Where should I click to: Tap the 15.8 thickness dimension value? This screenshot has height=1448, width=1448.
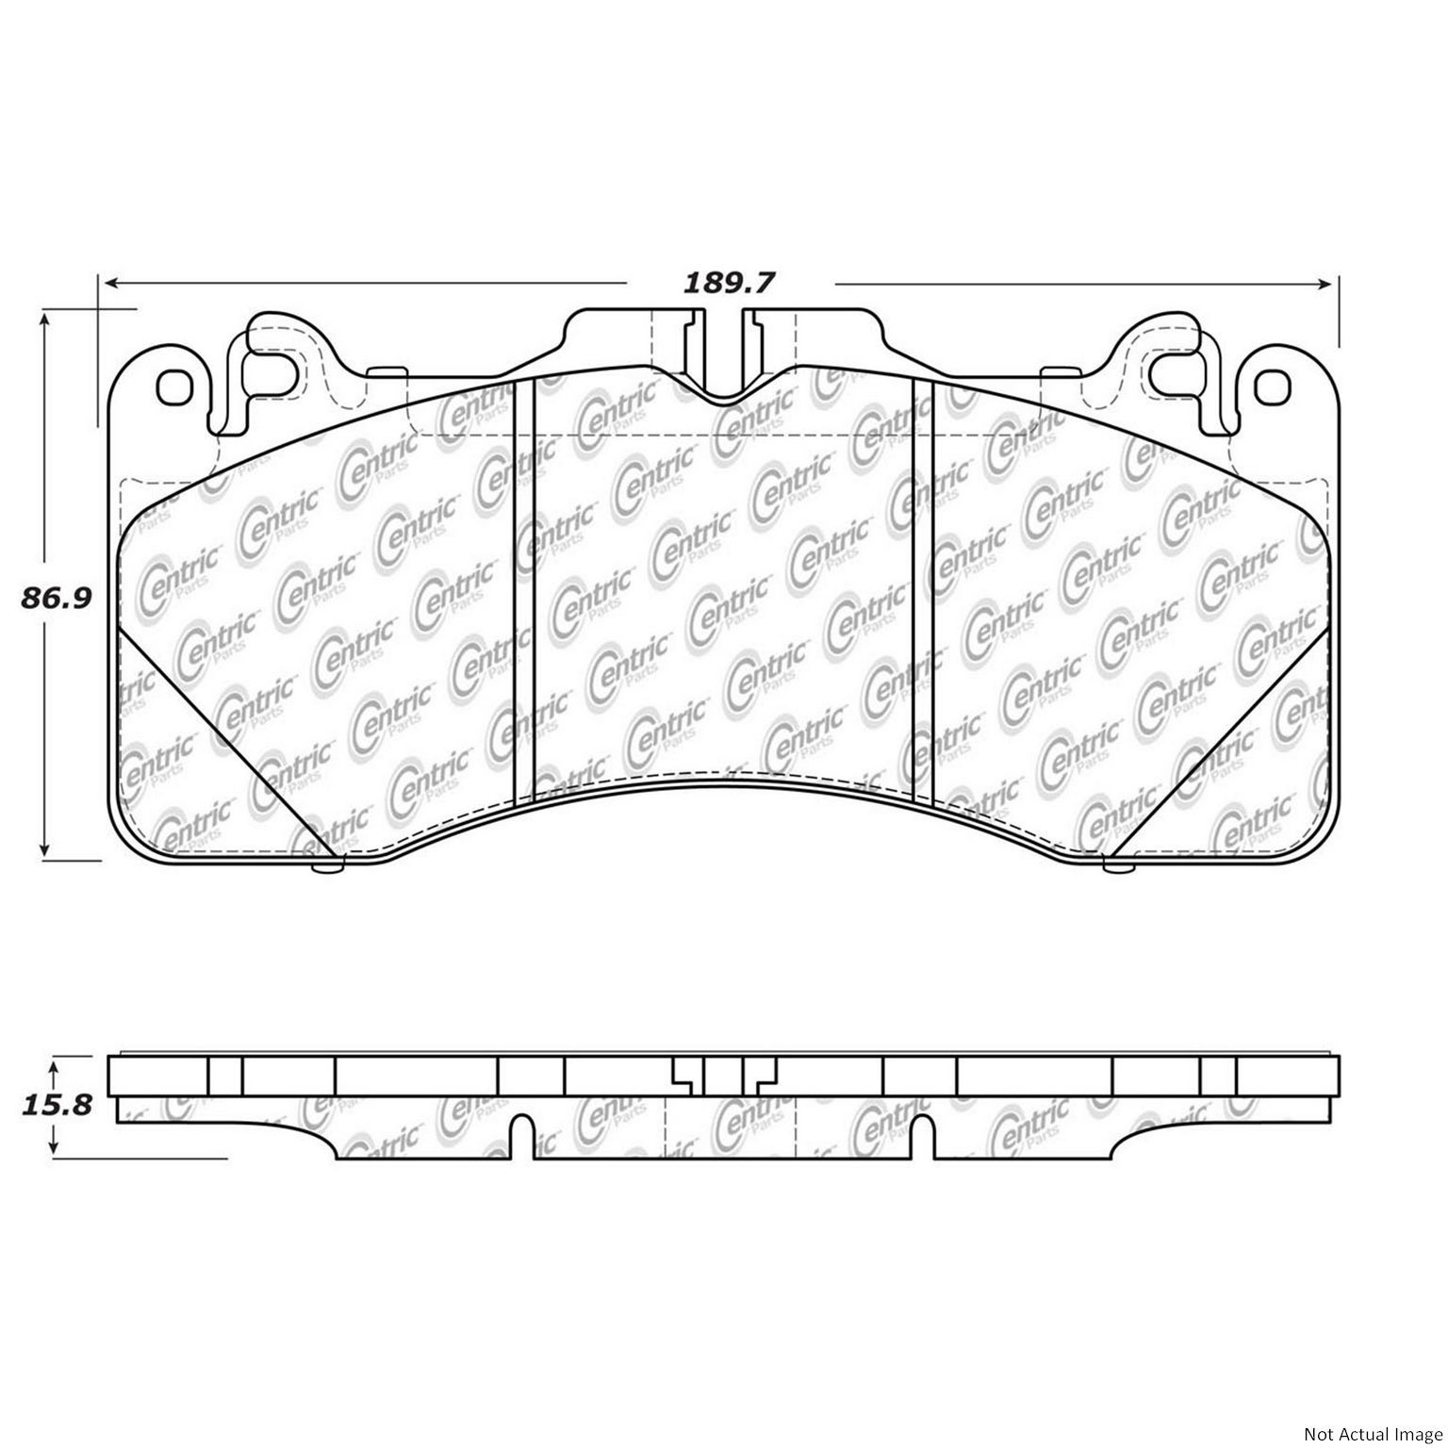click(54, 1104)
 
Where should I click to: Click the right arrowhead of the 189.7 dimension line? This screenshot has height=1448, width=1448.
click(1328, 282)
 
